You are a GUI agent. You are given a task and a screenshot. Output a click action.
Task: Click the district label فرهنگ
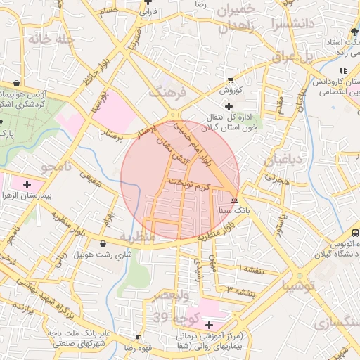166,92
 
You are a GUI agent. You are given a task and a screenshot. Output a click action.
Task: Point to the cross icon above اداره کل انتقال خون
229,106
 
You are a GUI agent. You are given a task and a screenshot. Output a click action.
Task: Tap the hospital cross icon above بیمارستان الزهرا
27,185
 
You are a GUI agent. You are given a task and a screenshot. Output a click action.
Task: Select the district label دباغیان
283,161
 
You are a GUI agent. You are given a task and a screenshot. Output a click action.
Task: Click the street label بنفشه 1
250,269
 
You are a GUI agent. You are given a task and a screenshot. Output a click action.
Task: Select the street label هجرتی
276,180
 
